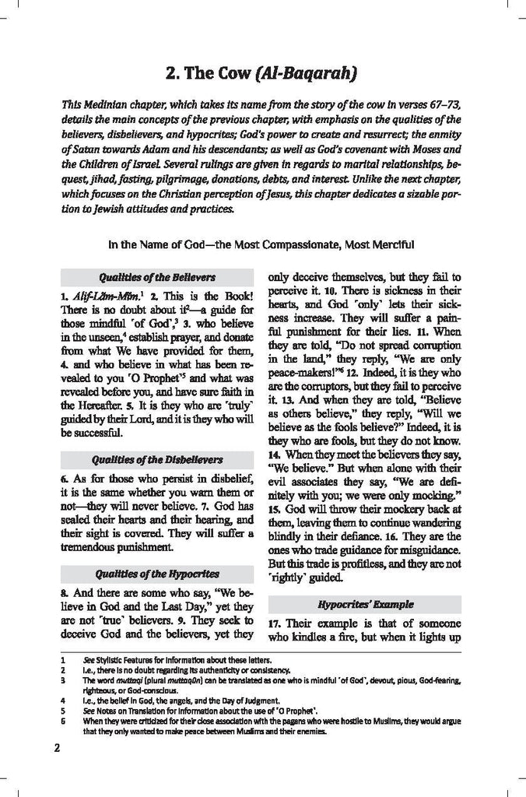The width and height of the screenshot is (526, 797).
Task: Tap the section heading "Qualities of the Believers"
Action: (x=157, y=277)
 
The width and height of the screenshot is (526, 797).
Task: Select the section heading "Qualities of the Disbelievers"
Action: (x=157, y=459)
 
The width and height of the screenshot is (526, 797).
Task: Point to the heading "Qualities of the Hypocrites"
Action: (x=157, y=574)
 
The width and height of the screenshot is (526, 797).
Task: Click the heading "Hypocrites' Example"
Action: (x=365, y=604)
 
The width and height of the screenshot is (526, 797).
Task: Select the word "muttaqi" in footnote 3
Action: (x=128, y=680)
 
